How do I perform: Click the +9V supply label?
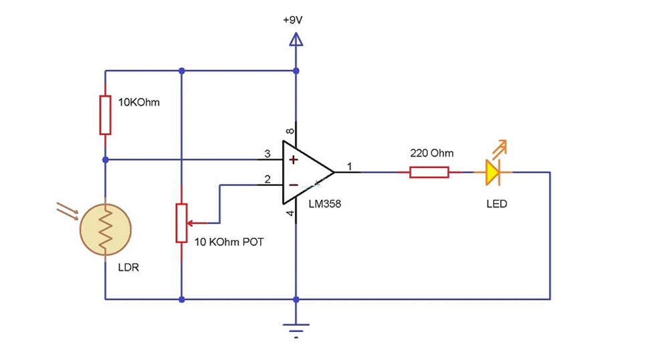click(x=293, y=20)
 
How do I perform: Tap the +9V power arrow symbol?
click(x=296, y=39)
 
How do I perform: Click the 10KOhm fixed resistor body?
click(x=105, y=115)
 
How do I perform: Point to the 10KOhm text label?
click(x=139, y=102)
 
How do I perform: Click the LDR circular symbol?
click(x=106, y=230)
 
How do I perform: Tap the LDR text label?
click(x=128, y=268)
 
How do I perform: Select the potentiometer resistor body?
click(x=181, y=223)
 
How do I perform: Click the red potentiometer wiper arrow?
click(x=197, y=223)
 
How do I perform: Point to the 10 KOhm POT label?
click(x=229, y=242)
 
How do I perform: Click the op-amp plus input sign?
click(x=294, y=160)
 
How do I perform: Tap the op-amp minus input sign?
click(x=294, y=185)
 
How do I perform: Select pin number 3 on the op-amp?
click(x=267, y=153)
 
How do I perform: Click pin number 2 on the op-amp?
click(x=267, y=179)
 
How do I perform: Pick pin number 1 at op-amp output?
click(x=349, y=167)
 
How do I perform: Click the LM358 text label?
click(x=325, y=204)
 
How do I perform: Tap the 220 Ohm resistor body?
click(x=429, y=173)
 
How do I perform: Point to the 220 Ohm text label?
click(x=431, y=153)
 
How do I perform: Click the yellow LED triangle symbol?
click(x=493, y=173)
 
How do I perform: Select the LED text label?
click(x=497, y=204)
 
